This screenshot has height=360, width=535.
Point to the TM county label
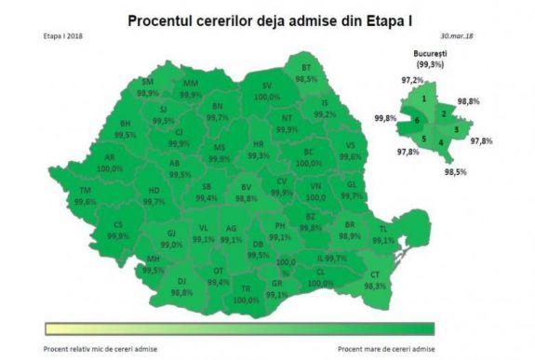[x=86, y=191]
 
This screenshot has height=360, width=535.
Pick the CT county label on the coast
[x=375, y=275]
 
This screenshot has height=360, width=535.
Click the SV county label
[x=267, y=86]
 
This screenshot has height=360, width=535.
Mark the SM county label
[x=147, y=83]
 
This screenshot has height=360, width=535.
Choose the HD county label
[x=154, y=191]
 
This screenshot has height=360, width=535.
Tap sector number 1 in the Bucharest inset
[x=423, y=99]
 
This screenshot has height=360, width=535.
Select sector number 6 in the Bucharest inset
[x=417, y=121]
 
